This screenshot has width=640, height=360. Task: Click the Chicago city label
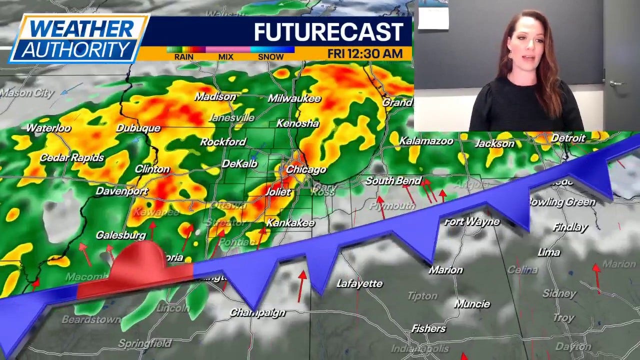[306, 170]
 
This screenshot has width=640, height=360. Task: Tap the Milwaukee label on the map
[294, 98]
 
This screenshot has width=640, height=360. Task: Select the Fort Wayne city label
[471, 221]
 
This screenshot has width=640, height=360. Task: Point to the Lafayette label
[359, 283]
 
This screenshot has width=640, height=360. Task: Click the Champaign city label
[257, 312]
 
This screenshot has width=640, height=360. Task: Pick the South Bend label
[393, 180]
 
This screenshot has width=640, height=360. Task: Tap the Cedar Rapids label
[72, 157]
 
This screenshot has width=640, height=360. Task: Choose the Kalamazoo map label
[426, 141]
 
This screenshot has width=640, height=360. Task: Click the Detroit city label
[568, 138]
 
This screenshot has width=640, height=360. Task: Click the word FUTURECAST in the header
[328, 32]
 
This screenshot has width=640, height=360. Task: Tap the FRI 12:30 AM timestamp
[365, 54]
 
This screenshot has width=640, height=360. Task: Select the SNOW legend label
[270, 57]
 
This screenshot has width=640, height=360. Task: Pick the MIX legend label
[226, 57]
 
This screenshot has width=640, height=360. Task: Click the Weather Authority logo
[78, 38]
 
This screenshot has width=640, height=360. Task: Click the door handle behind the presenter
[616, 83]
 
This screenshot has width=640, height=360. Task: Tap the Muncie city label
[472, 304]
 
